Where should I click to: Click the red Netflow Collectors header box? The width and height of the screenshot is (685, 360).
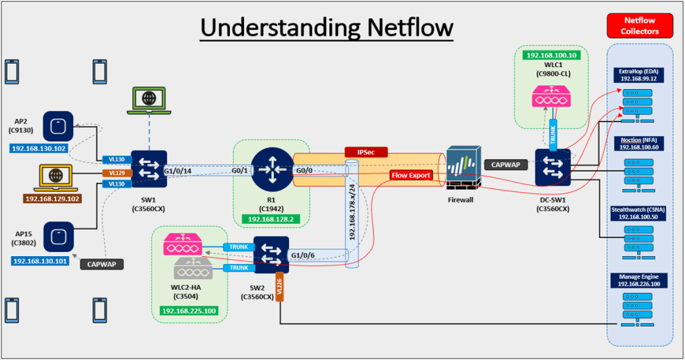pyautogui.click(x=640, y=25)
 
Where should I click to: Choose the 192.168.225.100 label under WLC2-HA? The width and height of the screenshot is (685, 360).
pyautogui.click(x=188, y=311)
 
